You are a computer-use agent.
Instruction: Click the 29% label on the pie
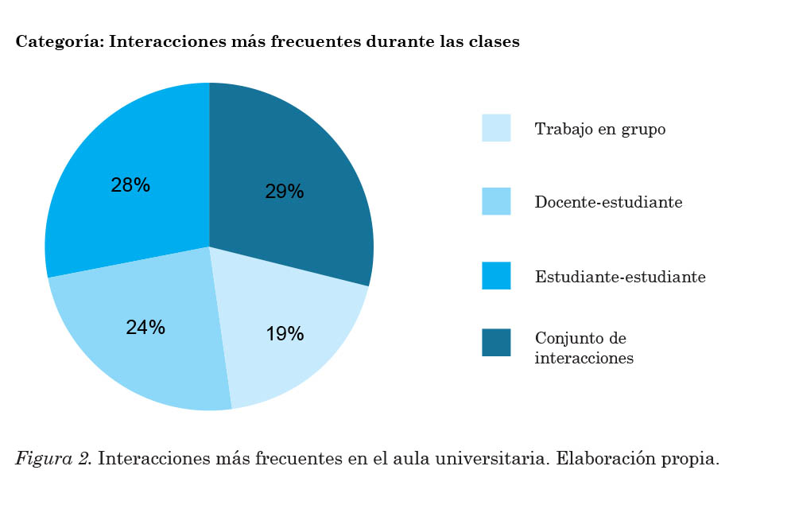tap(284, 192)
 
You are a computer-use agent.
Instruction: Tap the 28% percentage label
tap(130, 185)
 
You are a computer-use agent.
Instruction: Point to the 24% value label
tap(145, 327)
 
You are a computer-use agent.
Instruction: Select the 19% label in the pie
tap(285, 334)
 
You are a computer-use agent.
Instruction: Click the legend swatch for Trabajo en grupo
tap(496, 128)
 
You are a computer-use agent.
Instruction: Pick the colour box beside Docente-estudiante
tap(496, 201)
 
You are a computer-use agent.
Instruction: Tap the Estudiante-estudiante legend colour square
tap(496, 276)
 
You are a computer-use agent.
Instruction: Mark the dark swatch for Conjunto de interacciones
tap(496, 343)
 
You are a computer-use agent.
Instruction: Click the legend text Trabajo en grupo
tap(599, 129)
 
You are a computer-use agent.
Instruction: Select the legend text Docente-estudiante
tap(608, 202)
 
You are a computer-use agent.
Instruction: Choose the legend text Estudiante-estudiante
tap(620, 277)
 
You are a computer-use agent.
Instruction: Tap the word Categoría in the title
tap(58, 42)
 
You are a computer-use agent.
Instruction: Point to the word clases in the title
tap(496, 41)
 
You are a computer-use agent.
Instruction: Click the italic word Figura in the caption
tap(41, 460)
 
